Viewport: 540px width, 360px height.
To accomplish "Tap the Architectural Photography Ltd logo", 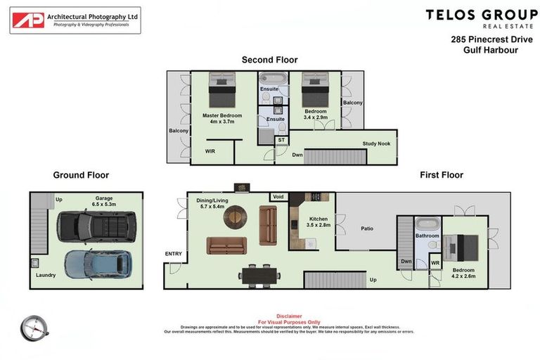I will [x=75, y=20].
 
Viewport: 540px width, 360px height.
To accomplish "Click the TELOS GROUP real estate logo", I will [x=481, y=18].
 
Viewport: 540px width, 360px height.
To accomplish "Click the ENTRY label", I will [x=174, y=254].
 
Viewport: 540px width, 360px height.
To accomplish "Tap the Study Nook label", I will [x=377, y=143].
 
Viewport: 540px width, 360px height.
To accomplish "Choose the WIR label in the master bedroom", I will [x=210, y=151].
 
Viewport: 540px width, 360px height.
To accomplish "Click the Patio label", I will [x=366, y=229].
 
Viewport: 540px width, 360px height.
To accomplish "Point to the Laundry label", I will [x=46, y=285].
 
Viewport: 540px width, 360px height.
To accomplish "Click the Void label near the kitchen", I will [x=278, y=197].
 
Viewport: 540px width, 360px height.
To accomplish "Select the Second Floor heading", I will [x=268, y=60].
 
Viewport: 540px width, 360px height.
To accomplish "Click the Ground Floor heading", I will [x=81, y=175].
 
